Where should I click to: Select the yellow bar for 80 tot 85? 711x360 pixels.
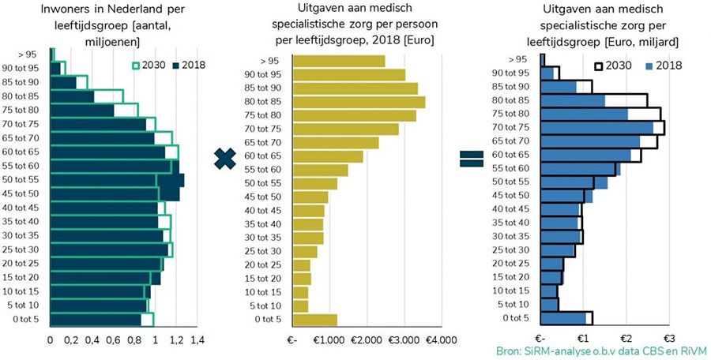point(359,102)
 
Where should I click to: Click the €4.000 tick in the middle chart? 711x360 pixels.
point(442,340)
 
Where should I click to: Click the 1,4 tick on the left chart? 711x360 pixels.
point(197,340)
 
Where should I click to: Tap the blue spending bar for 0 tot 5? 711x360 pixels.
point(564,317)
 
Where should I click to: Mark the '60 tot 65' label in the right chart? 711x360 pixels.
point(511,155)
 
